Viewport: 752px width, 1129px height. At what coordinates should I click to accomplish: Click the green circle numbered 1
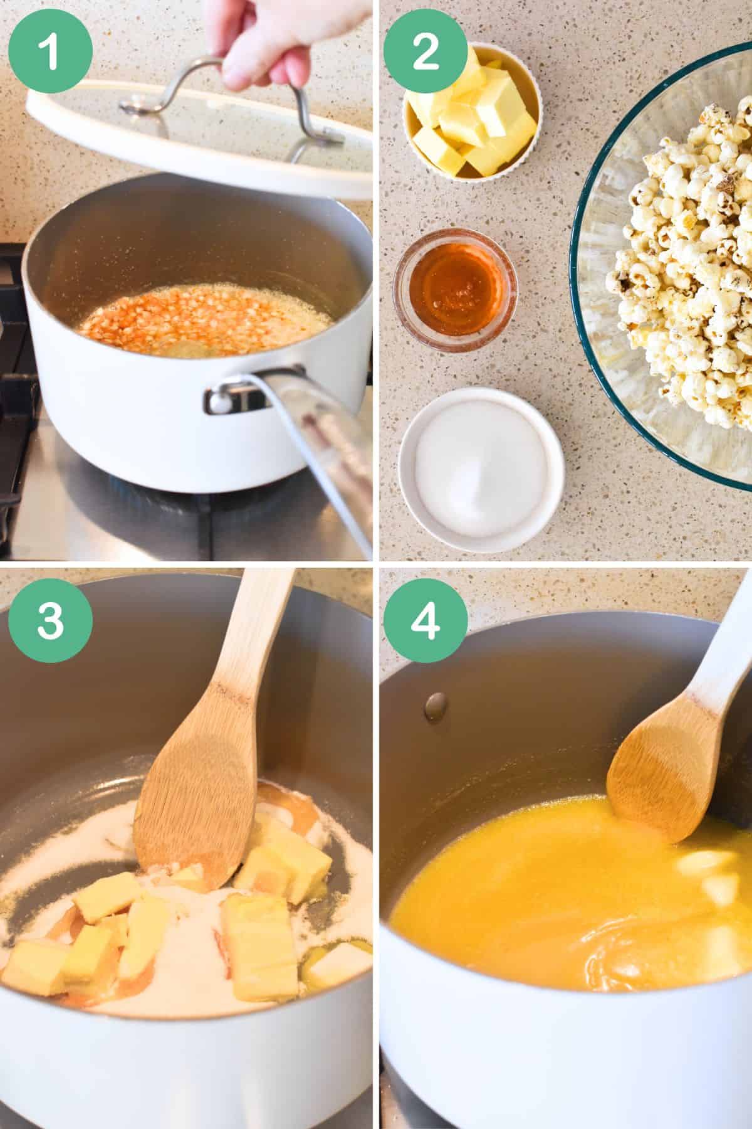(x=51, y=51)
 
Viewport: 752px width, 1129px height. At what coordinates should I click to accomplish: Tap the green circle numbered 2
(x=426, y=51)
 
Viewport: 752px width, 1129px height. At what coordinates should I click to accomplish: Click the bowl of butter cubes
(x=471, y=110)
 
